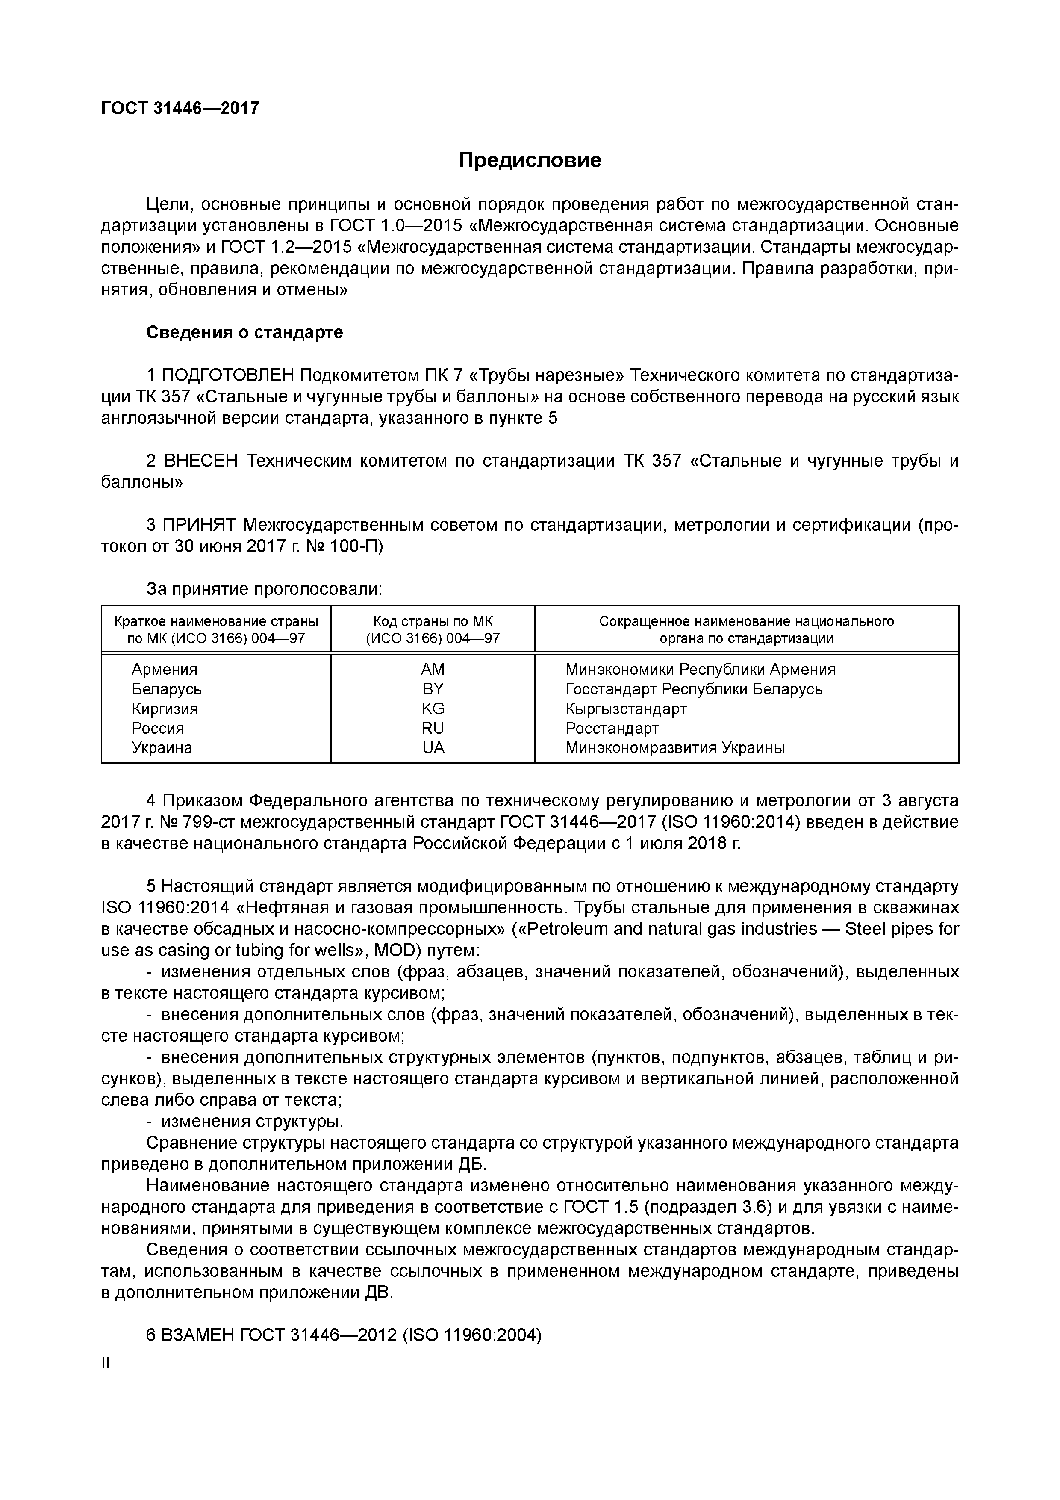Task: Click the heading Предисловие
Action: (x=529, y=160)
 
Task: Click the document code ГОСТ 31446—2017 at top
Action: (x=180, y=108)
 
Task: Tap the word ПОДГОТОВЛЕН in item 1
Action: (x=227, y=376)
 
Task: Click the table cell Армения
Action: (x=164, y=670)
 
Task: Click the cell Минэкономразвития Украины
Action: (x=674, y=748)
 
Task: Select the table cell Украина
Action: (x=162, y=748)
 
